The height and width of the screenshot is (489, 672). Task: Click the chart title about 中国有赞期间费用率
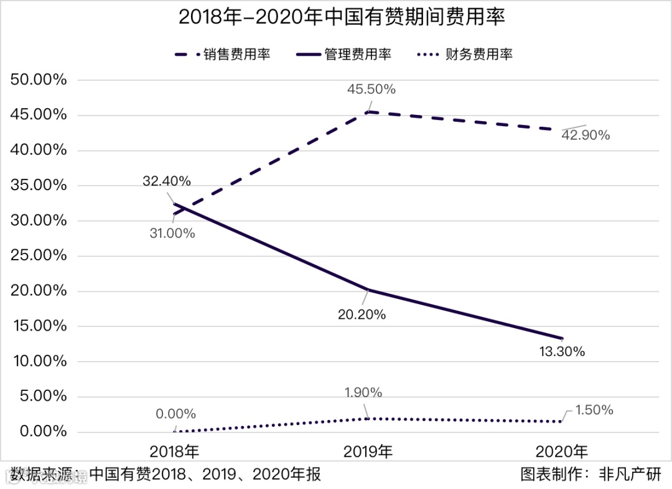click(342, 17)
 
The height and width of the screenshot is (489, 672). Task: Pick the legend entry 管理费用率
click(357, 54)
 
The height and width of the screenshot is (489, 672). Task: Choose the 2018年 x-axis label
click(175, 452)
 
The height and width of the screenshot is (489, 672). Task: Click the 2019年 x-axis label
click(368, 452)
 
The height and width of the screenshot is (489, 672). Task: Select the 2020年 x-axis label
click(562, 452)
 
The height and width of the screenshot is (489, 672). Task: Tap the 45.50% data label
click(371, 89)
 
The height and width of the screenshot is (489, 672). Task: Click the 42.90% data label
click(586, 135)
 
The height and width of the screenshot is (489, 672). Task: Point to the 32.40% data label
click(166, 181)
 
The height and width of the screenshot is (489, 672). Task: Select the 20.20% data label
click(362, 314)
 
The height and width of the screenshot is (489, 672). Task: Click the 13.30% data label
click(561, 352)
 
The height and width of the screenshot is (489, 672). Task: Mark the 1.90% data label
click(363, 393)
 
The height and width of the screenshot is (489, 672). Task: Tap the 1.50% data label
click(594, 410)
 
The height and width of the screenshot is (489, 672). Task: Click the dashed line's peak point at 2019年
click(368, 112)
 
